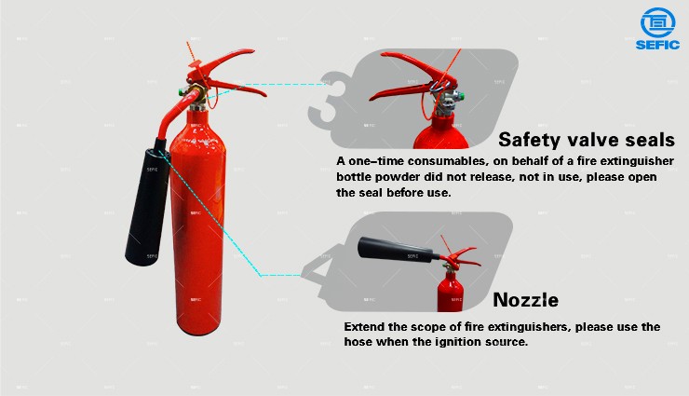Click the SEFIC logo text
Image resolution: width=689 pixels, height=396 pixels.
coord(657,45)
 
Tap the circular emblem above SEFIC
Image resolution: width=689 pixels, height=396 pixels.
coord(657,22)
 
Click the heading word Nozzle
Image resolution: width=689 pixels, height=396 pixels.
coord(525,300)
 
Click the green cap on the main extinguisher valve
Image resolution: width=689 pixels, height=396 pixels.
coord(181,92)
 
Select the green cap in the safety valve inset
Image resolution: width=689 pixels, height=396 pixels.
coord(460,96)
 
